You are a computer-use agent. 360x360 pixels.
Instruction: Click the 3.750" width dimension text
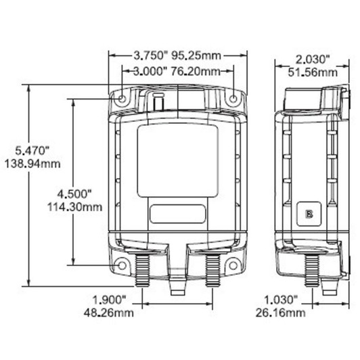pos(149,55)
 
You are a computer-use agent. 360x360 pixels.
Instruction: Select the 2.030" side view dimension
pos(312,58)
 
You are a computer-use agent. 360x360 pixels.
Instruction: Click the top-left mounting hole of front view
pos(122,99)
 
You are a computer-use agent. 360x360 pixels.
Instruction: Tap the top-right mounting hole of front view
pos(233,99)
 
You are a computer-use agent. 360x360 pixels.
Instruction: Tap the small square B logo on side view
pos(309,213)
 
